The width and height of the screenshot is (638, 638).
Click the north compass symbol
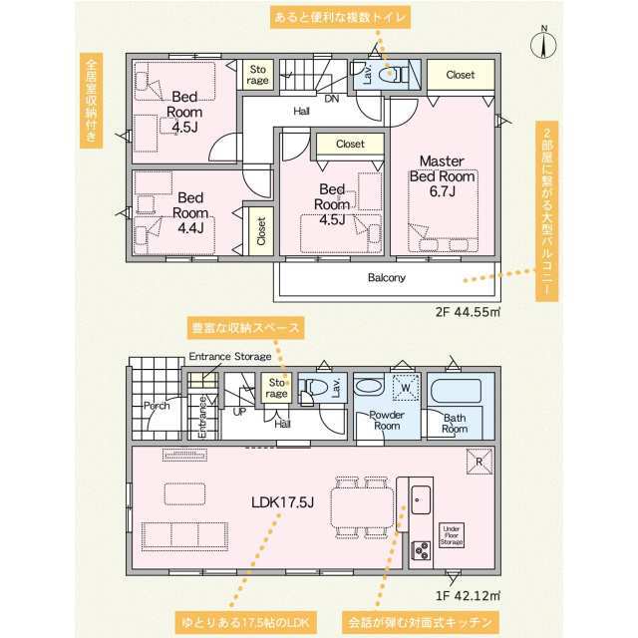pyautogui.click(x=543, y=43)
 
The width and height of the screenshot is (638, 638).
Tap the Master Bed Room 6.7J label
pyautogui.click(x=443, y=175)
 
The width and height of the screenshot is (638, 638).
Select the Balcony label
pyautogui.click(x=387, y=277)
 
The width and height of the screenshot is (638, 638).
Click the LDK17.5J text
pyautogui.click(x=282, y=502)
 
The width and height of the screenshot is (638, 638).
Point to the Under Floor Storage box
pyautogui.click(x=452, y=535)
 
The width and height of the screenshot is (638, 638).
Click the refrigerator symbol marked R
pyautogui.click(x=478, y=462)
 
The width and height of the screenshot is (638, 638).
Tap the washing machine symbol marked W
pyautogui.click(x=406, y=388)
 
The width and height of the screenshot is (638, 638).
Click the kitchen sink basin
pyautogui.click(x=421, y=500)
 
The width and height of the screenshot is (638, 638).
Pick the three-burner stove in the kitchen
pyautogui.click(x=421, y=551)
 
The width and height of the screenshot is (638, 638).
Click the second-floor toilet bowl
pyautogui.click(x=392, y=74)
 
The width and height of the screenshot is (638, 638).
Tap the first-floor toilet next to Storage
pyautogui.click(x=312, y=387)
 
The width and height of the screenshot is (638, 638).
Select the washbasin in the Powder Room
pyautogui.click(x=369, y=387)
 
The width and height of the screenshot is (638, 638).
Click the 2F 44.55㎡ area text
pyautogui.click(x=468, y=312)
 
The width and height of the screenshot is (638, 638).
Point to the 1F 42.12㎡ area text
pyautogui.click(x=468, y=596)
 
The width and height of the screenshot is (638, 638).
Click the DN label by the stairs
pyautogui.click(x=332, y=99)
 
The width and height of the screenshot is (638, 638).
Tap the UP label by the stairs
pyautogui.click(x=239, y=412)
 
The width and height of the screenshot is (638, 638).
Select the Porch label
pyautogui.click(x=157, y=406)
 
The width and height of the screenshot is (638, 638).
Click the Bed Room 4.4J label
pyautogui.click(x=190, y=212)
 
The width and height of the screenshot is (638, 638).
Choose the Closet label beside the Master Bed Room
pyautogui.click(x=461, y=75)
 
